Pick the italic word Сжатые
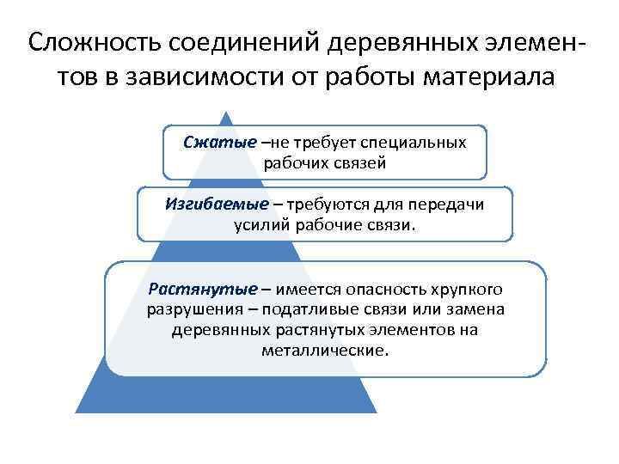(x=220, y=142)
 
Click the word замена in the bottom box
(x=478, y=308)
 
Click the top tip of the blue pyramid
(x=225, y=112)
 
